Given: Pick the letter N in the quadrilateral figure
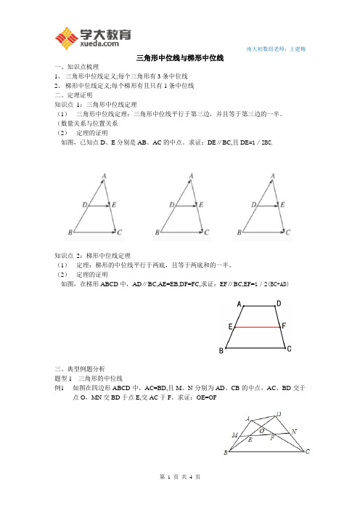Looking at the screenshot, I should point(294,432).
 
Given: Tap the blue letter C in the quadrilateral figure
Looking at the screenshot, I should point(308,452).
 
